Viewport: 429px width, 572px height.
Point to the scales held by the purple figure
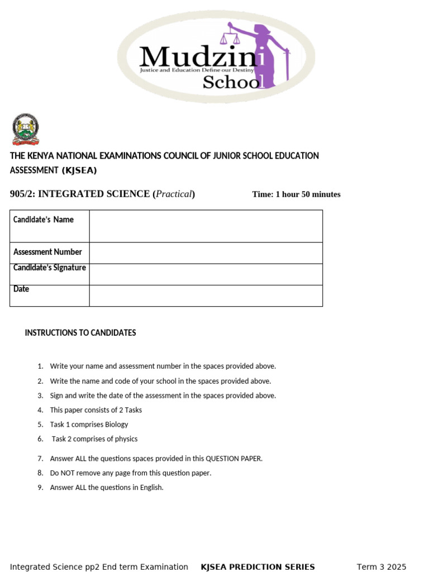(x=230, y=37)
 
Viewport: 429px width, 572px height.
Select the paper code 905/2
(x=22, y=194)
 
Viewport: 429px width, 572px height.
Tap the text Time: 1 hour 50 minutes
(x=296, y=194)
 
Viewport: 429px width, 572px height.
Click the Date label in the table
(x=21, y=289)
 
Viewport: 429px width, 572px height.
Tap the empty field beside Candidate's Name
(x=206, y=226)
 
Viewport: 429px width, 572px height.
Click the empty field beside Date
(x=206, y=295)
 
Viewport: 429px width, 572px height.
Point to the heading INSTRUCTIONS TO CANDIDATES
(x=80, y=333)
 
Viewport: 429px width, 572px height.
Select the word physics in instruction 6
(x=126, y=439)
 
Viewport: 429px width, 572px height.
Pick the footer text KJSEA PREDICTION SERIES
(x=258, y=566)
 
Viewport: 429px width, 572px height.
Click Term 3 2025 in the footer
(x=382, y=566)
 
